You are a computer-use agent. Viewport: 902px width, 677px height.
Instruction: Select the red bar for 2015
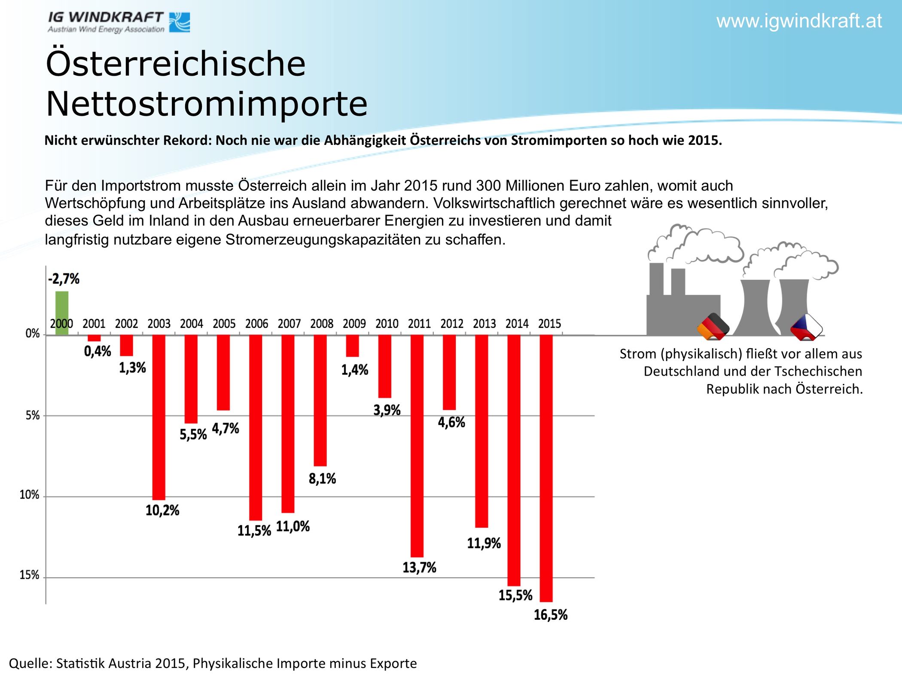pos(546,469)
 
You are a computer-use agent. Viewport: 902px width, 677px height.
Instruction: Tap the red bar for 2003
pos(159,417)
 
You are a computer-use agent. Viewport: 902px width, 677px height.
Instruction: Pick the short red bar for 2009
pos(353,346)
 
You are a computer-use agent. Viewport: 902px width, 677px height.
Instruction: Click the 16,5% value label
pos(551,615)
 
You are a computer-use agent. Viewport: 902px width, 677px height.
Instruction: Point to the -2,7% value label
pos(64,279)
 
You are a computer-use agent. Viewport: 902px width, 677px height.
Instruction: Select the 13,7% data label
pos(419,568)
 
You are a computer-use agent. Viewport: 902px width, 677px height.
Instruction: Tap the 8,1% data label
pos(323,478)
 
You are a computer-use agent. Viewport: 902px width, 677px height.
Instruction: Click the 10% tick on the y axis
pos(30,495)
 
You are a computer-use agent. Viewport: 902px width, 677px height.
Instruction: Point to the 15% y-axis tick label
pos(30,575)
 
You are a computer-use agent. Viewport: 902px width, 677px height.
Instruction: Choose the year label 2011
pos(419,324)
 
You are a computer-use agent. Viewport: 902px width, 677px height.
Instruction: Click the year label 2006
pos(256,324)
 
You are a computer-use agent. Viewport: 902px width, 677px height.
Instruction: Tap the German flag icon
pos(713,327)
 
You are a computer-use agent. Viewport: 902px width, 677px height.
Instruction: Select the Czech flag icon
pos(806,327)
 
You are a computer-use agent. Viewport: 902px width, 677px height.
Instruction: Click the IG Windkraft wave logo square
pos(180,22)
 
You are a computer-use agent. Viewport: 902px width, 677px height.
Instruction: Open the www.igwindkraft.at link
pos(799,21)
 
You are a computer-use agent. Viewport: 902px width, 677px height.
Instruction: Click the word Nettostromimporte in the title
pos(207,104)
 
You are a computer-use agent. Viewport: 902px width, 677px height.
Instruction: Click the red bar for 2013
pos(481,432)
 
